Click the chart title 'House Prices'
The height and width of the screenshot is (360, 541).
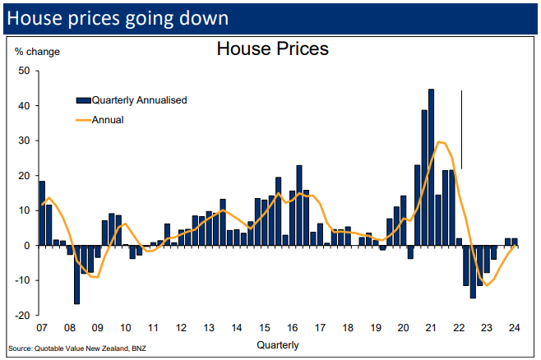click(272, 49)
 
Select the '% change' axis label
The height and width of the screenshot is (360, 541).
click(38, 52)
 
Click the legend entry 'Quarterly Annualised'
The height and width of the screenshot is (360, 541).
click(139, 100)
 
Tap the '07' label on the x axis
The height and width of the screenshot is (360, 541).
click(41, 327)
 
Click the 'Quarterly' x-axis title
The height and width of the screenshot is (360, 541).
click(278, 344)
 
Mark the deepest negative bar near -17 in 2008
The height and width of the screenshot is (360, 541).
click(76, 275)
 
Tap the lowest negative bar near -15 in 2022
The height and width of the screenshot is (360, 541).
click(473, 271)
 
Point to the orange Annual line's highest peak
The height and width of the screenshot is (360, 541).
click(440, 142)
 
